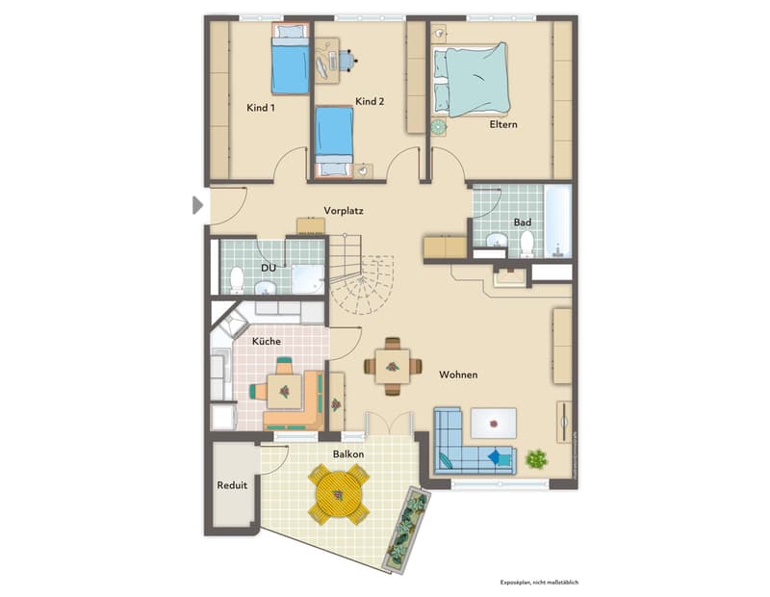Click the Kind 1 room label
[261, 108]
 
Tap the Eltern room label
[503, 124]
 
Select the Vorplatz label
[344, 211]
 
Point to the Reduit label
[232, 485]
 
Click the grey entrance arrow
[197, 205]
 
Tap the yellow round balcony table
[339, 494]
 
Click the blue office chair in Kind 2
[346, 61]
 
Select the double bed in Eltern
[471, 80]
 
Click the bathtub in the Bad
[558, 221]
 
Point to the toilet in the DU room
[237, 279]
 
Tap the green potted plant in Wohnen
[536, 459]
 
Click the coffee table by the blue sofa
[494, 423]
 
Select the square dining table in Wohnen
[393, 367]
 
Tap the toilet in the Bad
[526, 244]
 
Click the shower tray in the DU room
[308, 279]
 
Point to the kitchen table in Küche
[284, 392]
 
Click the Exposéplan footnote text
[539, 583]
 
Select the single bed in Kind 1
[291, 59]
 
